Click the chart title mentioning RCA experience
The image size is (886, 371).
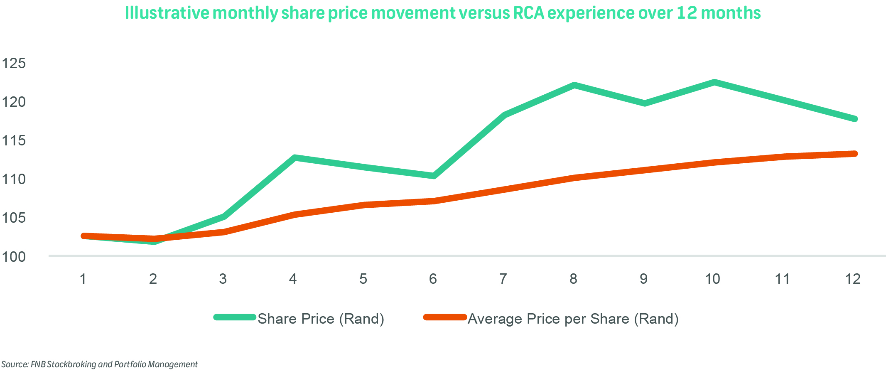click(443, 13)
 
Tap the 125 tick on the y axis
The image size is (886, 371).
click(14, 64)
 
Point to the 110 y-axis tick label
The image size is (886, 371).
click(14, 179)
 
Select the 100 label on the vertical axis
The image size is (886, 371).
click(14, 257)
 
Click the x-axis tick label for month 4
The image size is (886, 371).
click(293, 279)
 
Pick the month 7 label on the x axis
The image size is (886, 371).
click(503, 279)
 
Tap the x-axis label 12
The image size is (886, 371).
click(853, 279)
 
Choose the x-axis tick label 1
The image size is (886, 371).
click(83, 279)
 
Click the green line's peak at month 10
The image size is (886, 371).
click(714, 82)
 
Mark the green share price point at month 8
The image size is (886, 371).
click(574, 85)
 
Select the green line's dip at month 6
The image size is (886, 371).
click(434, 176)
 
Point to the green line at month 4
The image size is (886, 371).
click(294, 157)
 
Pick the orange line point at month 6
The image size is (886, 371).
click(434, 201)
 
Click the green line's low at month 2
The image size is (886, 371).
click(154, 241)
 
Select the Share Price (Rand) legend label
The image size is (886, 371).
click(321, 319)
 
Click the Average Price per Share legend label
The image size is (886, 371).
click(573, 319)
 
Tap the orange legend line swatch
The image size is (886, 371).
click(445, 317)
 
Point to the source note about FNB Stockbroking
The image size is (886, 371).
click(100, 364)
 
